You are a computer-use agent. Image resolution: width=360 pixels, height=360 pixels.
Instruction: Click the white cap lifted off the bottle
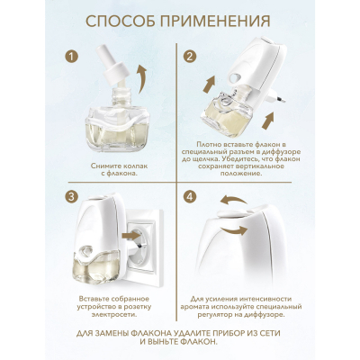tap(115, 71)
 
